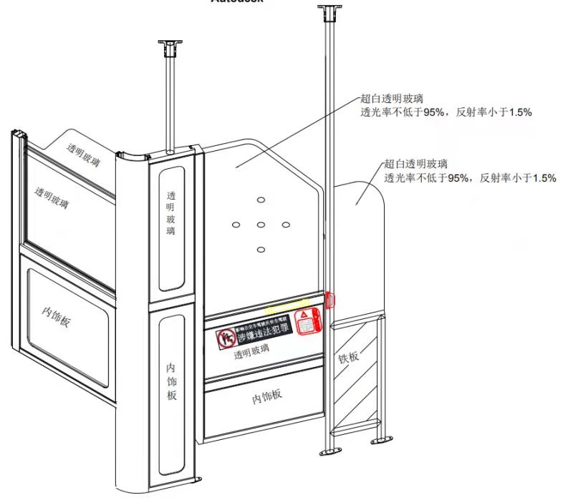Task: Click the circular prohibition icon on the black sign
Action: [228, 338]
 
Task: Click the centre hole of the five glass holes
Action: [261, 225]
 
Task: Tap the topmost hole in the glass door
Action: [261, 199]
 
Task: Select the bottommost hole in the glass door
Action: [261, 250]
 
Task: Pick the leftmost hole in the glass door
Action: [235, 225]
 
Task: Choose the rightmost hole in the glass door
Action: [286, 225]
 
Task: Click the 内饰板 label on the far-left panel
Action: [57, 315]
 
